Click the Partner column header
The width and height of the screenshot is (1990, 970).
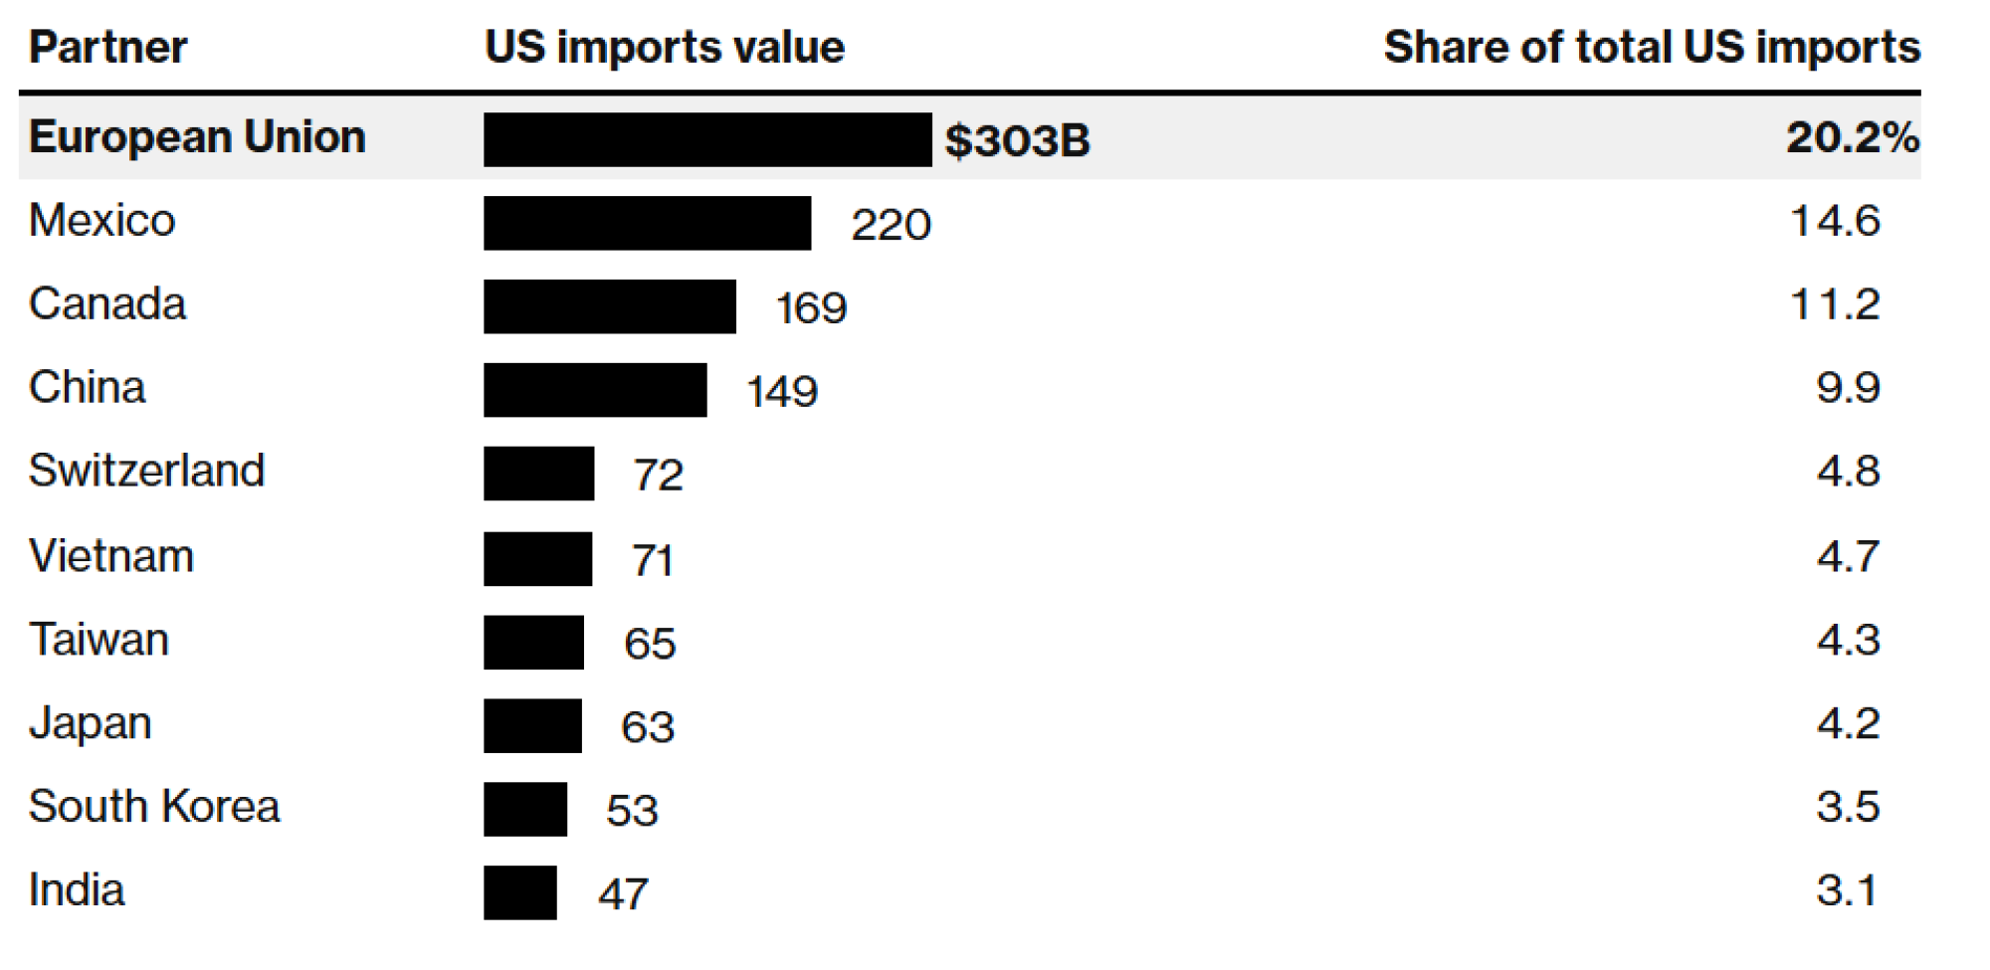click(x=107, y=48)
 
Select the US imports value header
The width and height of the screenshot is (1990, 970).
click(x=664, y=48)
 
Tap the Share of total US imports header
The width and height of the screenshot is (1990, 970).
click(x=1651, y=48)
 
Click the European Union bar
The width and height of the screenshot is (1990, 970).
click(x=706, y=139)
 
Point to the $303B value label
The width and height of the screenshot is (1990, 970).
click(x=1017, y=140)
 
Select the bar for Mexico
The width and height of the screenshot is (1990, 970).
click(x=647, y=223)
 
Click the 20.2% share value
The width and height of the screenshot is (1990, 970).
click(x=1851, y=137)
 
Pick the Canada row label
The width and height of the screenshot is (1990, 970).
click(x=107, y=304)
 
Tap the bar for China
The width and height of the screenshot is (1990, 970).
click(x=595, y=390)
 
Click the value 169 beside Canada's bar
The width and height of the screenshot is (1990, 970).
click(x=811, y=307)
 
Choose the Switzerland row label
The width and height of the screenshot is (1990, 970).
click(x=146, y=471)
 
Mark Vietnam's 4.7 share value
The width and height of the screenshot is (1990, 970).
click(x=1848, y=556)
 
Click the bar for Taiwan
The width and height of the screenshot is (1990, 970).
click(x=533, y=643)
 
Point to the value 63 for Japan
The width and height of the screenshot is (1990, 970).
click(x=648, y=727)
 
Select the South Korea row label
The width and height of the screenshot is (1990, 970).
click(x=154, y=807)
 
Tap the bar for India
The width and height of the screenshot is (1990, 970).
click(x=519, y=893)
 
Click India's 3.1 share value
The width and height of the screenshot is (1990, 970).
click(x=1846, y=890)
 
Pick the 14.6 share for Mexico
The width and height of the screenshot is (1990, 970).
click(x=1835, y=221)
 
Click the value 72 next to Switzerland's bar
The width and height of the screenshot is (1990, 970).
click(x=658, y=475)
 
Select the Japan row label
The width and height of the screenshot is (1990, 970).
click(x=90, y=723)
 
